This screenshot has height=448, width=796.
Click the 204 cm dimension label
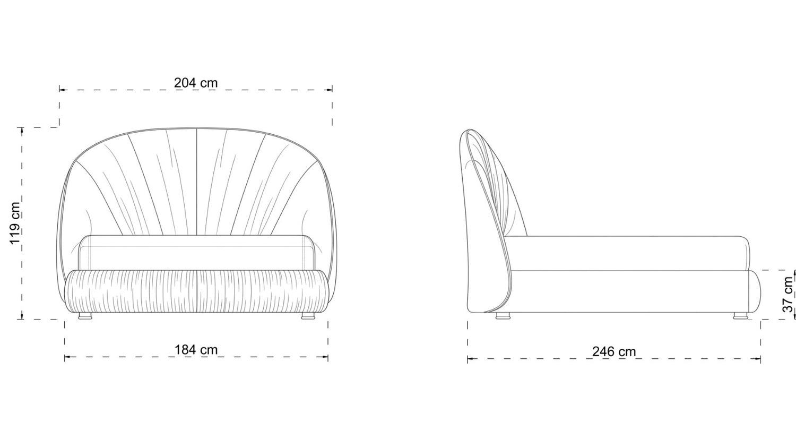pos(195,83)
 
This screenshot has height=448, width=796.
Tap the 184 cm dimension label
pos(196,350)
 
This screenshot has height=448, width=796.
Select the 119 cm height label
pos(15,223)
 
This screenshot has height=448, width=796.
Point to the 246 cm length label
pos(613,351)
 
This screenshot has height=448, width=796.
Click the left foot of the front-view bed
pos(85,316)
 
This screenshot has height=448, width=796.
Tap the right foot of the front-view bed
pos(308,316)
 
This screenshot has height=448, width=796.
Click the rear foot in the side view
pos(503,316)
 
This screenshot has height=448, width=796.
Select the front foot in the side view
pos(741,316)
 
